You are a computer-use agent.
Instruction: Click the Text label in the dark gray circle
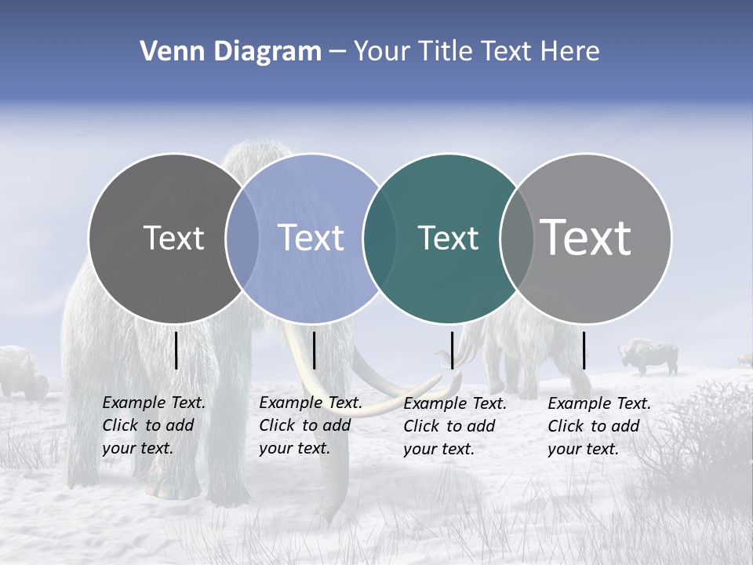[173, 238]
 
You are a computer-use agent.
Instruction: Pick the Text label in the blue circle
[311, 238]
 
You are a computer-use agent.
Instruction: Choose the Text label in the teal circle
[448, 238]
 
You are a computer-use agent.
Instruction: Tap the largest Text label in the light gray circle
[585, 237]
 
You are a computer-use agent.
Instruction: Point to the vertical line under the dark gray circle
[176, 350]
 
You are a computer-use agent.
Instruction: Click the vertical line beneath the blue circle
[314, 350]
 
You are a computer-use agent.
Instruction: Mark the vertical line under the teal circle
[452, 350]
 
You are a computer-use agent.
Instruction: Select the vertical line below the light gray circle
[584, 350]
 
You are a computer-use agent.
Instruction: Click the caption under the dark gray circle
[154, 425]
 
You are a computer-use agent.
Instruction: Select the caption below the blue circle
[311, 425]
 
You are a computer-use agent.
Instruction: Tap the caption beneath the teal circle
[455, 426]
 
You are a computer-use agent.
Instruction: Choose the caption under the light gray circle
[599, 426]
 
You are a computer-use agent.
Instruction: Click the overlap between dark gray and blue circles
[242, 238]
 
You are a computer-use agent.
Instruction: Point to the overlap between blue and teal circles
[380, 238]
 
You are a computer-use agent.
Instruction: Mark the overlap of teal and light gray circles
[516, 238]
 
